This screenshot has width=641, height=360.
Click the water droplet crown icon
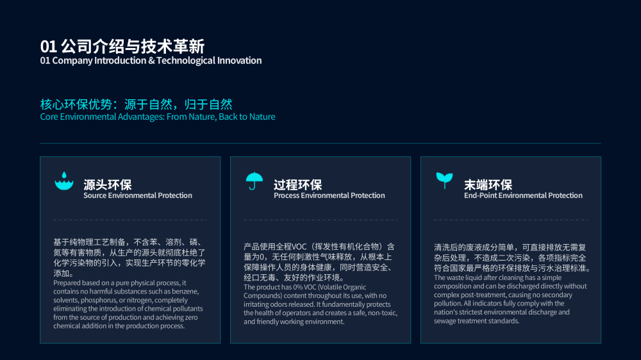point(64,181)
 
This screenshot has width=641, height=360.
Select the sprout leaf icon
point(444,180)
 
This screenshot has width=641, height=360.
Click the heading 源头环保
point(108,184)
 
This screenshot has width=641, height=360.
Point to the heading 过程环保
point(298,184)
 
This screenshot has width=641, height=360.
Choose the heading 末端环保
point(488,184)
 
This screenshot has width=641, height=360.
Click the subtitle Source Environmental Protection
point(138,195)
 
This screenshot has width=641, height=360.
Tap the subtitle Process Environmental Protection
point(329,195)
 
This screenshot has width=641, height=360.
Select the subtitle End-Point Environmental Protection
point(523,195)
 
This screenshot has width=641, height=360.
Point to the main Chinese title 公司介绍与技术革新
point(133,47)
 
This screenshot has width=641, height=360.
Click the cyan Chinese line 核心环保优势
point(76,104)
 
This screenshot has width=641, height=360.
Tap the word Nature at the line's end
point(262,117)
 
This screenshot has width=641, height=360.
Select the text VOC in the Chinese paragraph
point(299,247)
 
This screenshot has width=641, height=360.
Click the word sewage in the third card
point(444,321)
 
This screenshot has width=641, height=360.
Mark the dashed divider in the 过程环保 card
point(320,220)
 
